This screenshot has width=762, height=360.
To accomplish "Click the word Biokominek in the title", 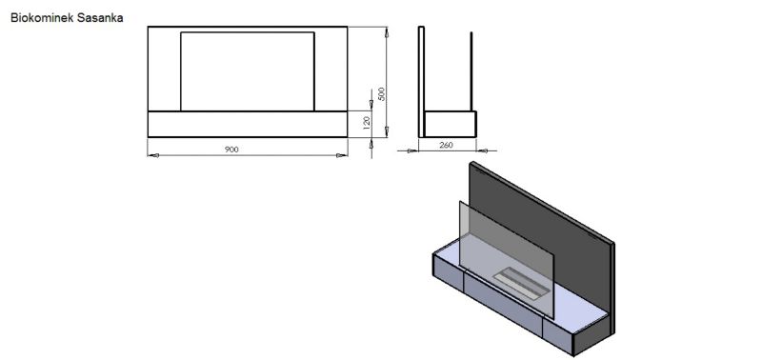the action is pyautogui.click(x=42, y=18).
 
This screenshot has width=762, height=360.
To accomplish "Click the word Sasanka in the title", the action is pyautogui.click(x=100, y=18).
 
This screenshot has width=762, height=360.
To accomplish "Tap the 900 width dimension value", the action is pyautogui.click(x=231, y=150).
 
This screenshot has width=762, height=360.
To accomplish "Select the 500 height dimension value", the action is pyautogui.click(x=382, y=93).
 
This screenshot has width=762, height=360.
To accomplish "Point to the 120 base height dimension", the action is pyautogui.click(x=368, y=121).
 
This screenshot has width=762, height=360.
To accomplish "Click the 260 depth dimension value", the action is pyautogui.click(x=446, y=145).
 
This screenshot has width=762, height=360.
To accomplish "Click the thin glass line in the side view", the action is pyautogui.click(x=471, y=71).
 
